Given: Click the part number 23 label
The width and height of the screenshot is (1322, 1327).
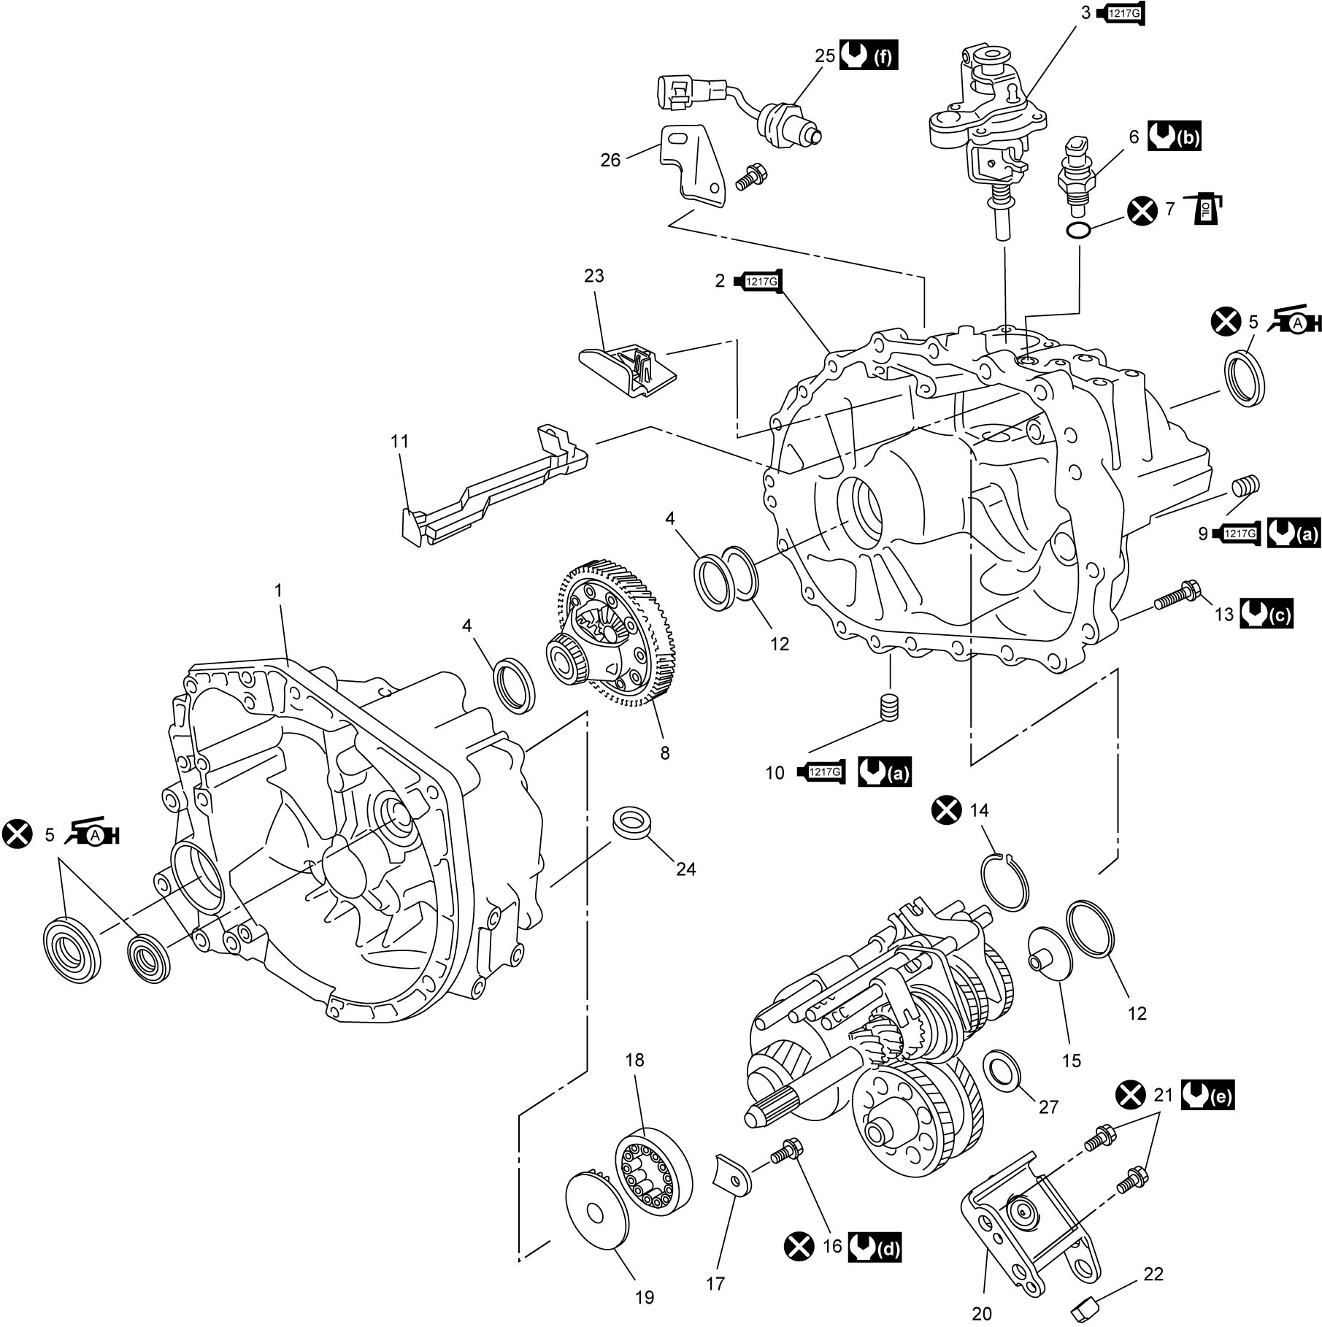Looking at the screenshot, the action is coord(594,276).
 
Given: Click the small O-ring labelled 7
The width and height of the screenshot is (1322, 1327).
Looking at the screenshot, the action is coord(1079,231).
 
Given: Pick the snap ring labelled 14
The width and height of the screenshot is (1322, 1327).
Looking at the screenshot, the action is coord(1002,882).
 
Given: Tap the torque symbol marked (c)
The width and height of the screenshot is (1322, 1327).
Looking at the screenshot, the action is coord(1266,614).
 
